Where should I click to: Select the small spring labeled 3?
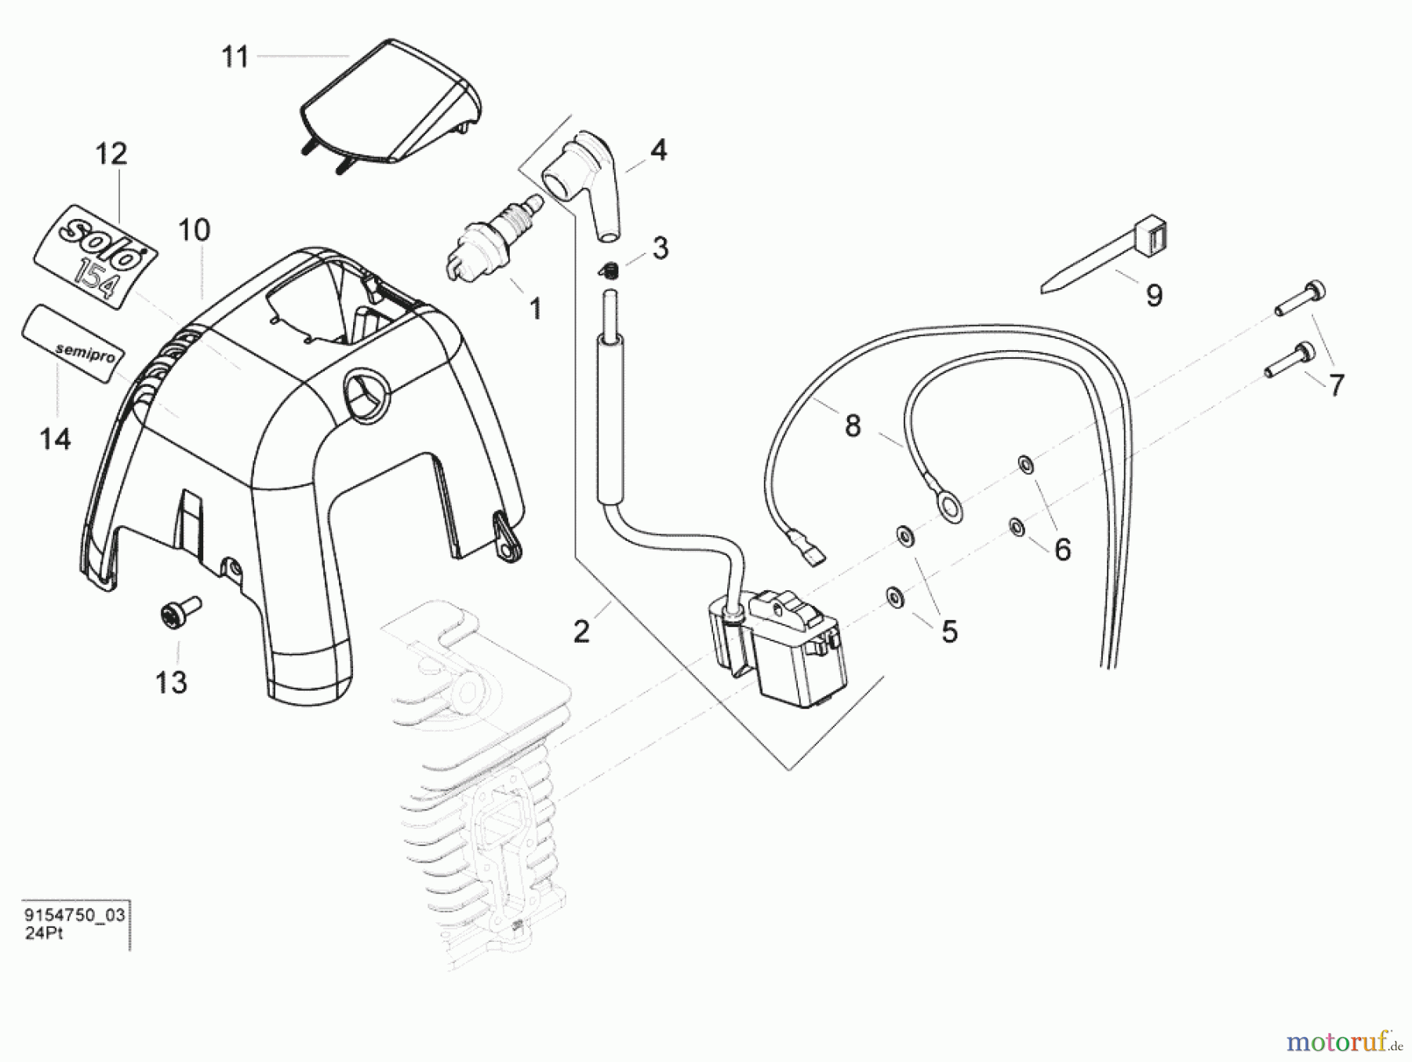(610, 271)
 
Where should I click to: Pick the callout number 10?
(195, 231)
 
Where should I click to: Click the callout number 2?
(581, 632)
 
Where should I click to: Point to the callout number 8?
(853, 427)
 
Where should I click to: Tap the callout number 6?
(1062, 550)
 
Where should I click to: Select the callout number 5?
(949, 632)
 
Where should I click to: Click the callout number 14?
(55, 440)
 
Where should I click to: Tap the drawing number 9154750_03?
(75, 916)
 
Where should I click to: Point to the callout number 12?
(111, 154)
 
